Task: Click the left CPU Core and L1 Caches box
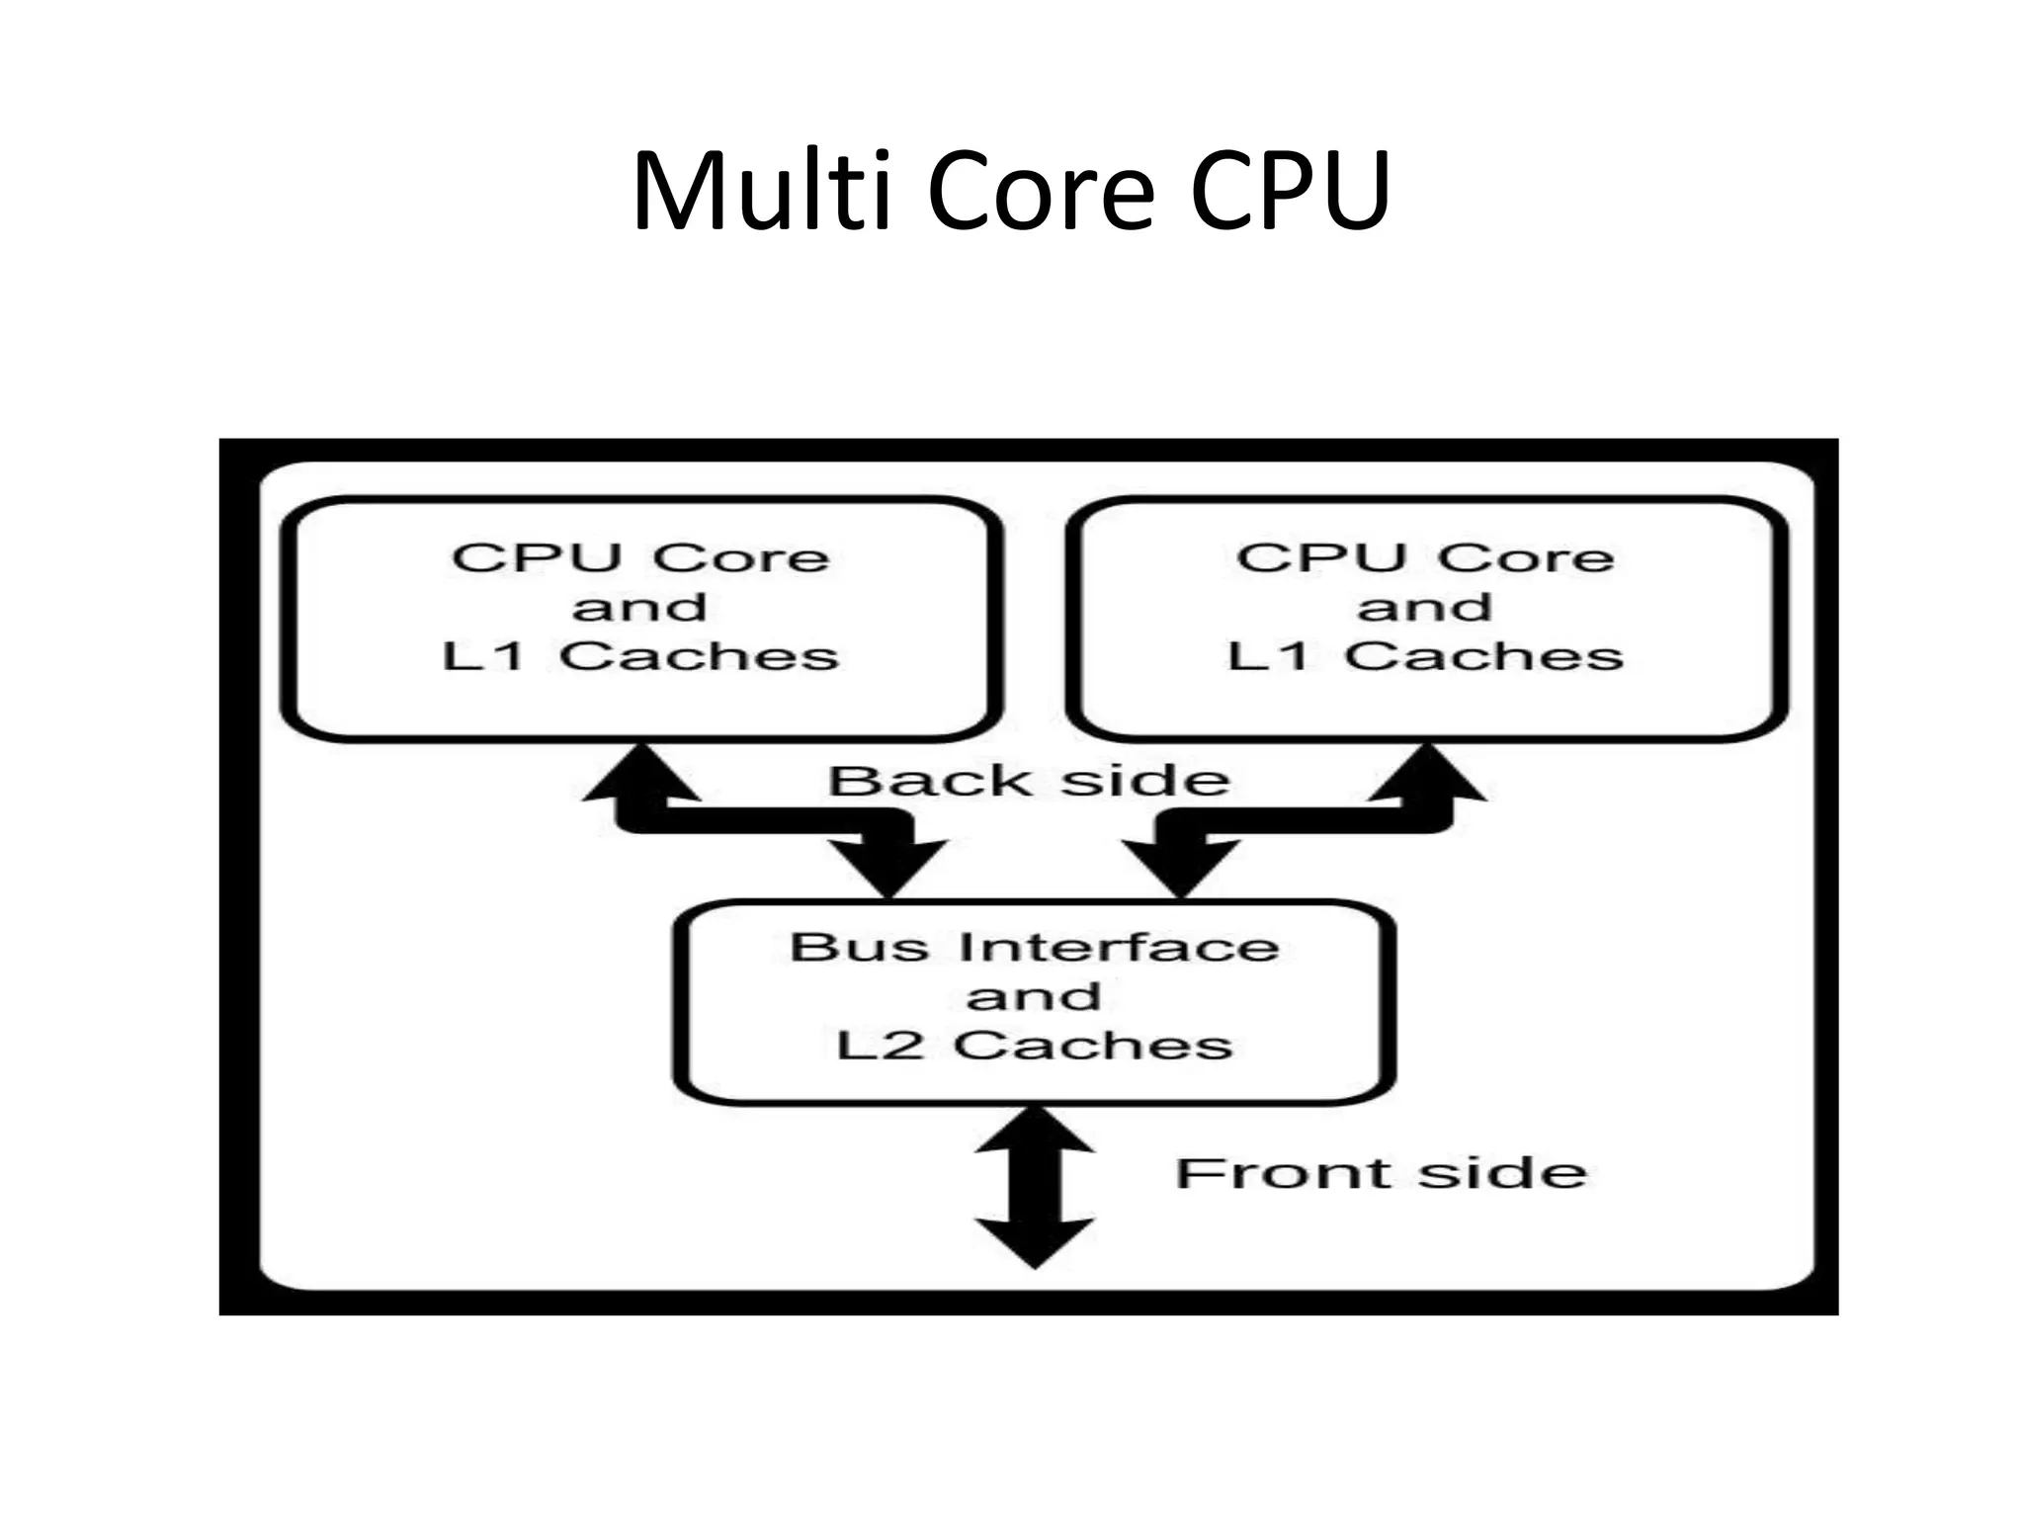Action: [x=641, y=619]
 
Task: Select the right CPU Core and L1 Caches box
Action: [x=1427, y=619]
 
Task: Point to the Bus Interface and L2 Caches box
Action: [x=1034, y=1000]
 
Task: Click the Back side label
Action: [x=1029, y=781]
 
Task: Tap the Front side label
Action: [x=1381, y=1173]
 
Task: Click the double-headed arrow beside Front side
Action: [x=1035, y=1186]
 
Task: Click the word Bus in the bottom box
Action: [x=859, y=947]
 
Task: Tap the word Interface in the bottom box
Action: [x=1119, y=947]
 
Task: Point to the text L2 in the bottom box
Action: [x=880, y=1045]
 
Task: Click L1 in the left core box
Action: [x=483, y=655]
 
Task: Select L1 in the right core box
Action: [x=1269, y=655]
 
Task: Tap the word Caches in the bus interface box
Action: [x=1093, y=1045]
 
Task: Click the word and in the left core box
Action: [x=640, y=607]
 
